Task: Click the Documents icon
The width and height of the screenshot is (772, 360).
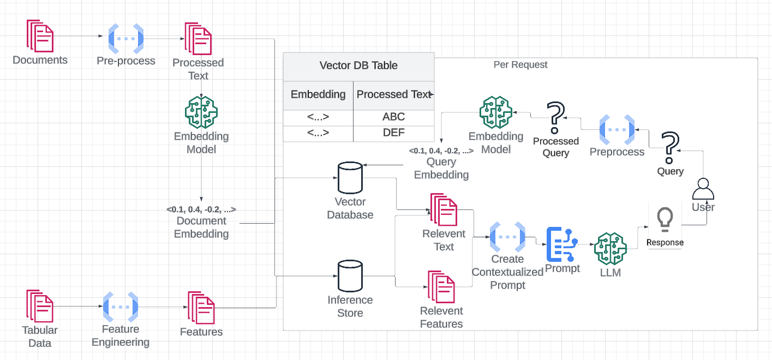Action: [40, 36]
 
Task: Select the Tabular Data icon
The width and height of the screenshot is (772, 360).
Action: [40, 306]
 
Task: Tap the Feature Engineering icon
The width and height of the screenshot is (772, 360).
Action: [121, 307]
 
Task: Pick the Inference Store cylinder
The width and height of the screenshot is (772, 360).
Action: [350, 276]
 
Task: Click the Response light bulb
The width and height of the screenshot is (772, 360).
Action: [665, 218]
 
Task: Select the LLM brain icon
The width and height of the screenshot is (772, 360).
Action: [610, 248]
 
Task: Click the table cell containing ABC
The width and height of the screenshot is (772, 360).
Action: [393, 117]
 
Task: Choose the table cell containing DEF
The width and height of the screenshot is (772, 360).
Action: [393, 133]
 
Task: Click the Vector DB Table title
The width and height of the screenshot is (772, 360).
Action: [358, 65]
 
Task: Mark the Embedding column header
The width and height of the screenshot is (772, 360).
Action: [318, 94]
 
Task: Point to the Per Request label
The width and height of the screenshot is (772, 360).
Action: [520, 64]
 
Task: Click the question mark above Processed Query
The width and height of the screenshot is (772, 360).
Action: [555, 118]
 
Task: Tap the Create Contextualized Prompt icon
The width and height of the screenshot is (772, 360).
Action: [507, 237]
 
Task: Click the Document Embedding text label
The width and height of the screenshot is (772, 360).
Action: [201, 227]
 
